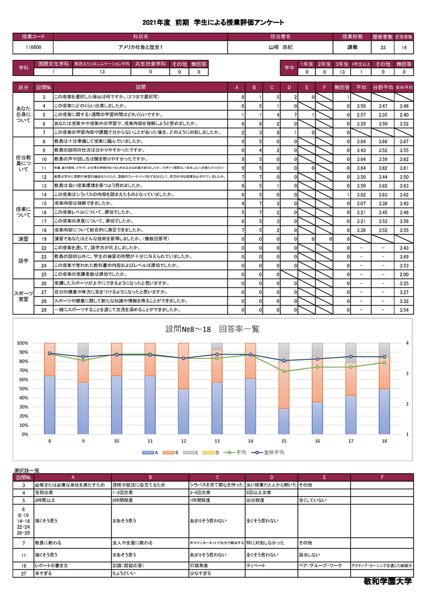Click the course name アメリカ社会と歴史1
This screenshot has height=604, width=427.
[x=140, y=47]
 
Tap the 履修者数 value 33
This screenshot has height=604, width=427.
[x=383, y=47]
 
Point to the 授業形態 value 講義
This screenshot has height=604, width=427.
[x=353, y=47]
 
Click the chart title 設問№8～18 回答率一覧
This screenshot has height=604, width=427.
[x=213, y=329]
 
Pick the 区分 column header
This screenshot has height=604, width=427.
[x=23, y=87]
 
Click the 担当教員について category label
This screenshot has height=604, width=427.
[x=23, y=163]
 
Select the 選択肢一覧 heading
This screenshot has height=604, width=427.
[x=27, y=470]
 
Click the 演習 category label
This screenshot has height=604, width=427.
[x=23, y=238]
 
